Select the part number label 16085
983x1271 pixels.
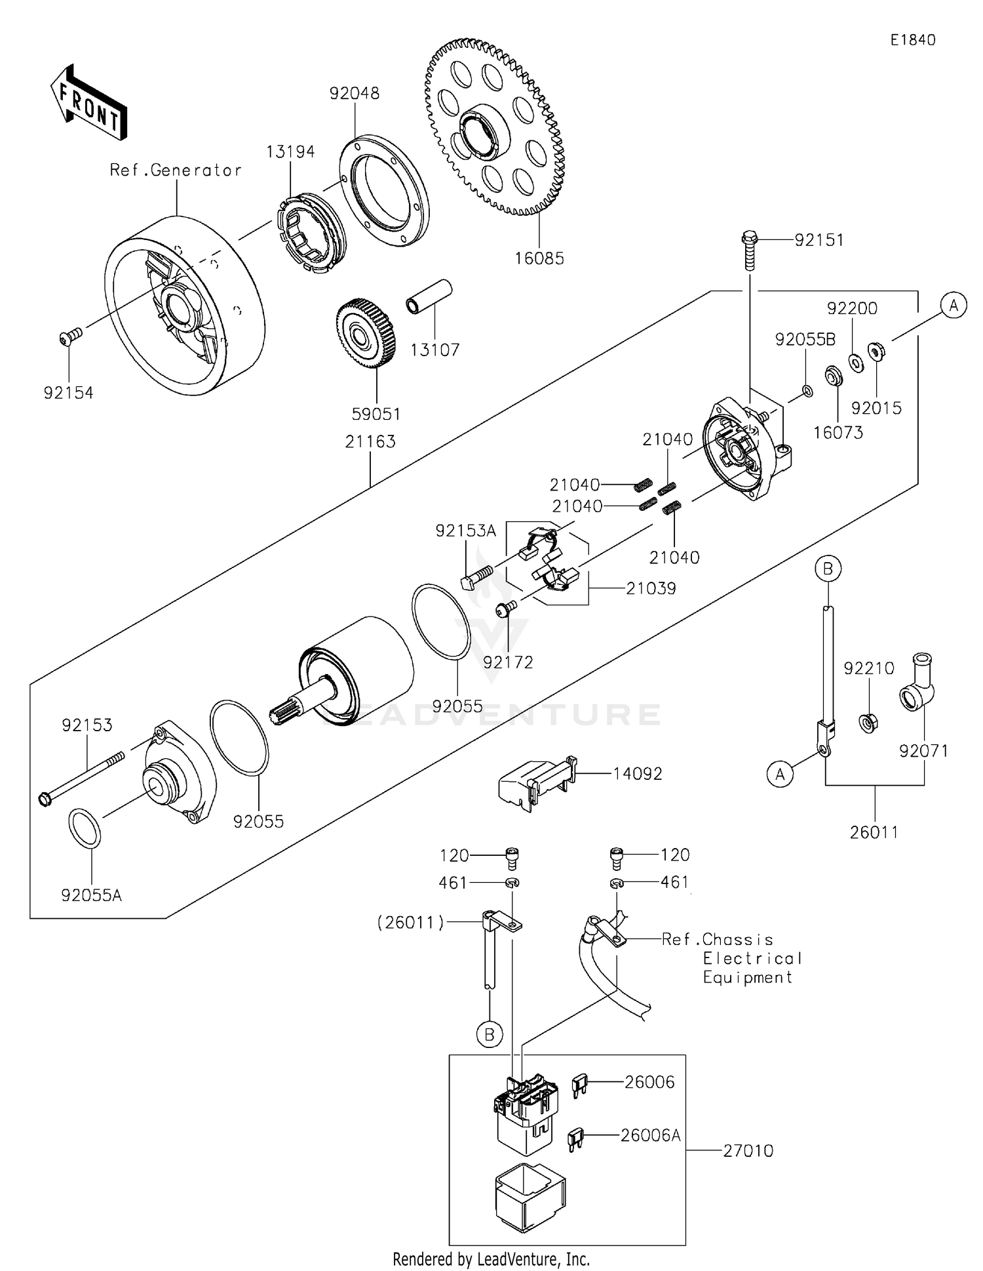(539, 258)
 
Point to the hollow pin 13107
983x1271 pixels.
(429, 296)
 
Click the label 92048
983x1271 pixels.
(355, 93)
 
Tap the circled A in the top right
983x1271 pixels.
(954, 305)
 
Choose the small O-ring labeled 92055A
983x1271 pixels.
(85, 829)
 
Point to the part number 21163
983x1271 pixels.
(370, 441)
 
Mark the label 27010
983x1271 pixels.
(748, 1150)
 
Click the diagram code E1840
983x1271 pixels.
(912, 40)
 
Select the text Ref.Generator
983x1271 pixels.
(176, 171)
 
